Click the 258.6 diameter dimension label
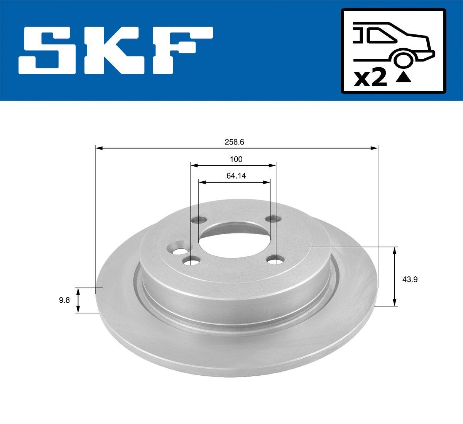point(234,142)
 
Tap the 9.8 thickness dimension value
point(64,300)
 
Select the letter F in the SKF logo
point(181,50)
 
